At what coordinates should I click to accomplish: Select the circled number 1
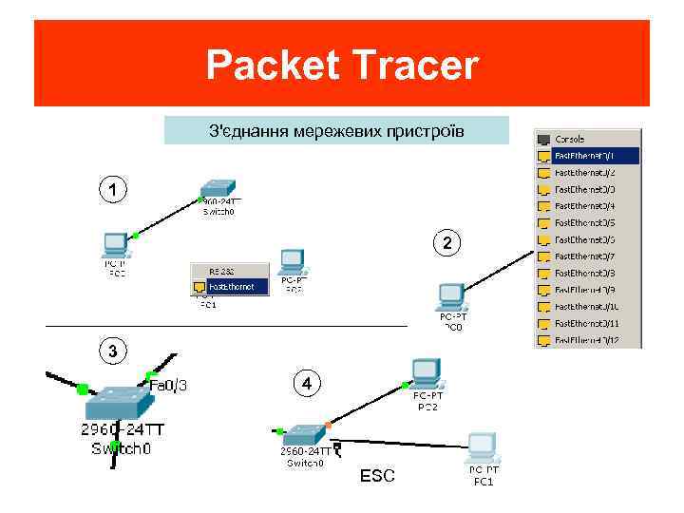coord(113,190)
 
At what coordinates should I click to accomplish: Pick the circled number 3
coord(113,351)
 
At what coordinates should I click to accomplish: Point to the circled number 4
coord(306,384)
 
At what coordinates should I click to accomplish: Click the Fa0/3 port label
coord(168,385)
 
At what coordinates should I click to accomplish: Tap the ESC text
coord(377,475)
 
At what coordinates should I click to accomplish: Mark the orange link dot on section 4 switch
coord(328,424)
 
